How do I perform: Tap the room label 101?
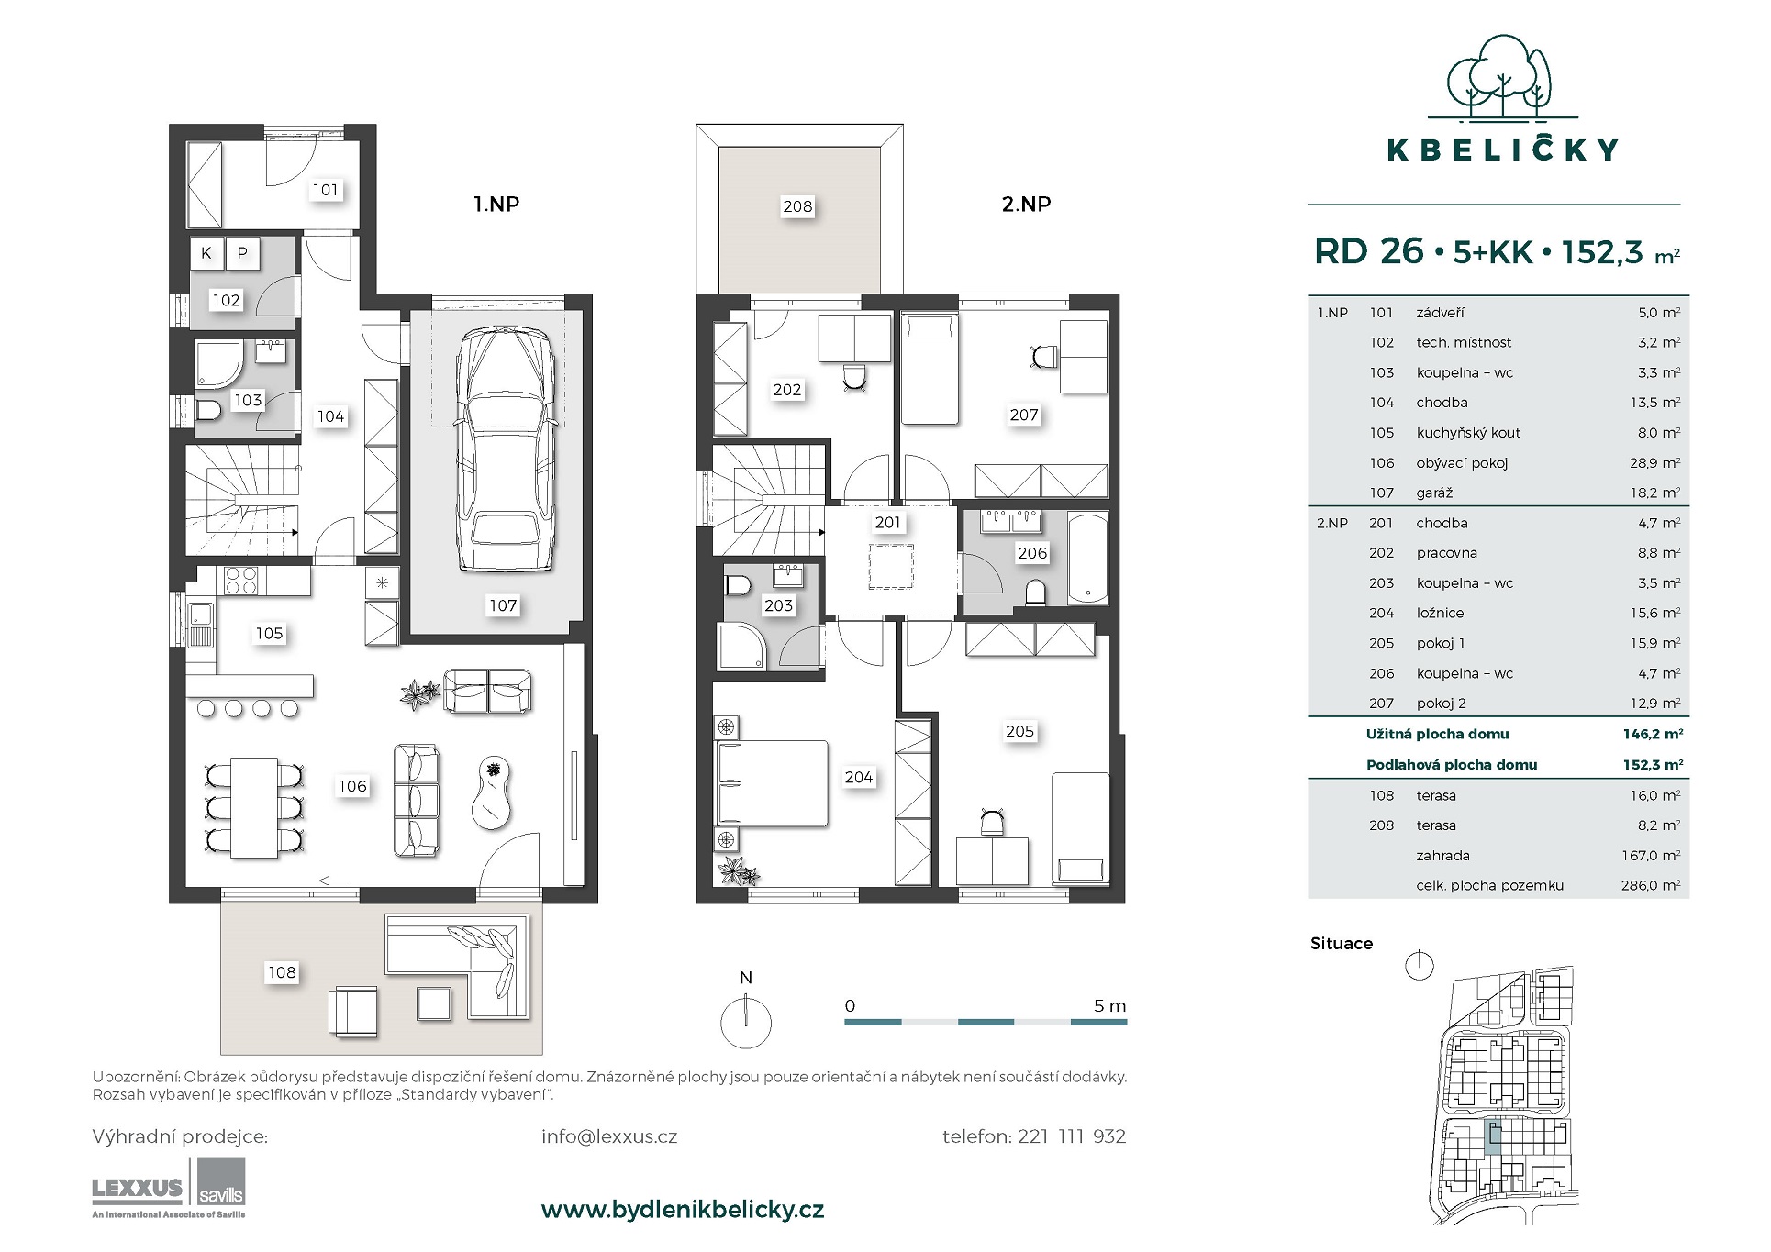coord(326,190)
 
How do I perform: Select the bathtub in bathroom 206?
coord(1087,559)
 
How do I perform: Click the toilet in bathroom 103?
coord(208,410)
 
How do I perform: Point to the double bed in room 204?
coord(771,784)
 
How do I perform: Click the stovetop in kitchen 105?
coord(241,582)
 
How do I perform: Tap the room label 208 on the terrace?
coord(797,206)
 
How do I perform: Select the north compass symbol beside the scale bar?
coord(746,1021)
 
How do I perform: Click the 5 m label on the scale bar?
coord(1109,1006)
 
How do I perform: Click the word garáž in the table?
coord(1434,493)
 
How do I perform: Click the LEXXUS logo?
coord(138,1190)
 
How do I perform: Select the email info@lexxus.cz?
coord(609,1136)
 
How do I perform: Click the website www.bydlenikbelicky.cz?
coord(683,1210)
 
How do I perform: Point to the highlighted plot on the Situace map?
coord(1493,1137)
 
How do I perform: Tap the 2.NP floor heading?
coord(1026,204)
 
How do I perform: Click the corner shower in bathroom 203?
coord(742,647)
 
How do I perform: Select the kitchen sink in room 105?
coord(201,624)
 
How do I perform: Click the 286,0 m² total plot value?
coord(1651,886)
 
